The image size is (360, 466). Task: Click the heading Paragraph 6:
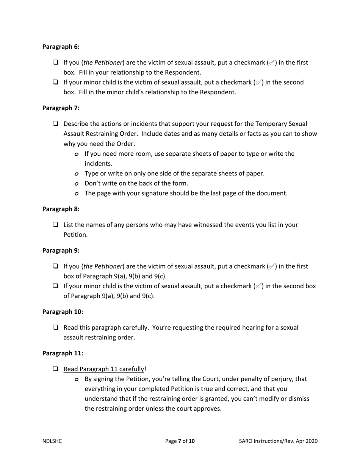[x=61, y=47]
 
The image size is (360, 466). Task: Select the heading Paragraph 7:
[x=61, y=108]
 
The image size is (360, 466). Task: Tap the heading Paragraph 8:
[x=61, y=209]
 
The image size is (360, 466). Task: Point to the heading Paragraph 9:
[x=61, y=250]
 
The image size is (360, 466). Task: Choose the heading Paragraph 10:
[x=63, y=312]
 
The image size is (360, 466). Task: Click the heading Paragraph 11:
[x=63, y=353]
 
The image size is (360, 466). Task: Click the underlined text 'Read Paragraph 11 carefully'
[x=104, y=369]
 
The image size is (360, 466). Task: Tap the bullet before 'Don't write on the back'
[x=77, y=184]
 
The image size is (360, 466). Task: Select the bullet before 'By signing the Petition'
[x=77, y=379]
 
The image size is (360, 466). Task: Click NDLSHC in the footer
[x=52, y=441]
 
